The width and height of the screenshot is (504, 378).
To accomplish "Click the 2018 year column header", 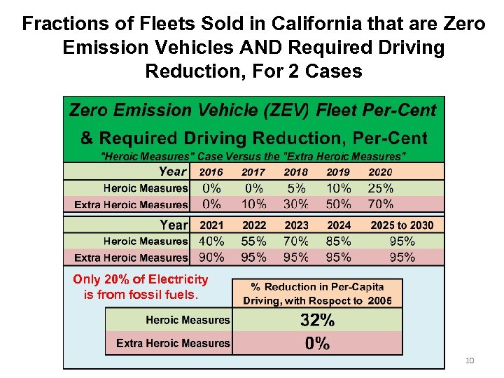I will point(295,172).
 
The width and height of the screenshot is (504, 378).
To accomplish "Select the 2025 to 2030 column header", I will point(402,225).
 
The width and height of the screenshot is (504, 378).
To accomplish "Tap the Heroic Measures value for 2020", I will point(381,188).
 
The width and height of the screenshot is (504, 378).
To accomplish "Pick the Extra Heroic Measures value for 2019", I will point(339,204).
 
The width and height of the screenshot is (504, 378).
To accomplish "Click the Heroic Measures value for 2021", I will point(211,241).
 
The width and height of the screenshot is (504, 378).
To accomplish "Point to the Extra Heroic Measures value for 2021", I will point(211,257).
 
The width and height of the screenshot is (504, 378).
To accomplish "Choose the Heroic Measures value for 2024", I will point(339,241).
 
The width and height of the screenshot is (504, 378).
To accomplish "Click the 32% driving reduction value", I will point(317,321).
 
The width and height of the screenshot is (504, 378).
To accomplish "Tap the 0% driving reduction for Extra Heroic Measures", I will point(317,343).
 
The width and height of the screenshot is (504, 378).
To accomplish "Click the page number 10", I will point(470,360).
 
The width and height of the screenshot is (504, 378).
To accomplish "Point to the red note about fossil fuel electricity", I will point(141,287).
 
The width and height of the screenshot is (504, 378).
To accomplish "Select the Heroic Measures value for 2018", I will point(295,188).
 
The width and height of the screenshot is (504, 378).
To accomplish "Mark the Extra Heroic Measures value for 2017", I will point(253,204).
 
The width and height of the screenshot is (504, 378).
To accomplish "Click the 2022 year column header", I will point(253,225).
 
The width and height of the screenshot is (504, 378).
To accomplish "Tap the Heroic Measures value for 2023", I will point(295,241).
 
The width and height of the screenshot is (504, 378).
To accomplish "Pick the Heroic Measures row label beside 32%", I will point(188,321).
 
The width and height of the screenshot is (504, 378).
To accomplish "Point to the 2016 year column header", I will point(211,172).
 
